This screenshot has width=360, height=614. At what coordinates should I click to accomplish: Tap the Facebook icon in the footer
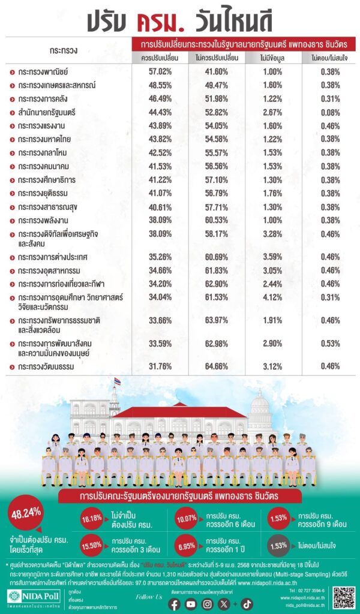pyautogui.click(x=175, y=604)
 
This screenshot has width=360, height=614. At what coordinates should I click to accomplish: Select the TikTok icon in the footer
pyautogui.click(x=247, y=604)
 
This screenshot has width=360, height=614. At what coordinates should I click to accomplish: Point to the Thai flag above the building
pyautogui.click(x=117, y=381)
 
